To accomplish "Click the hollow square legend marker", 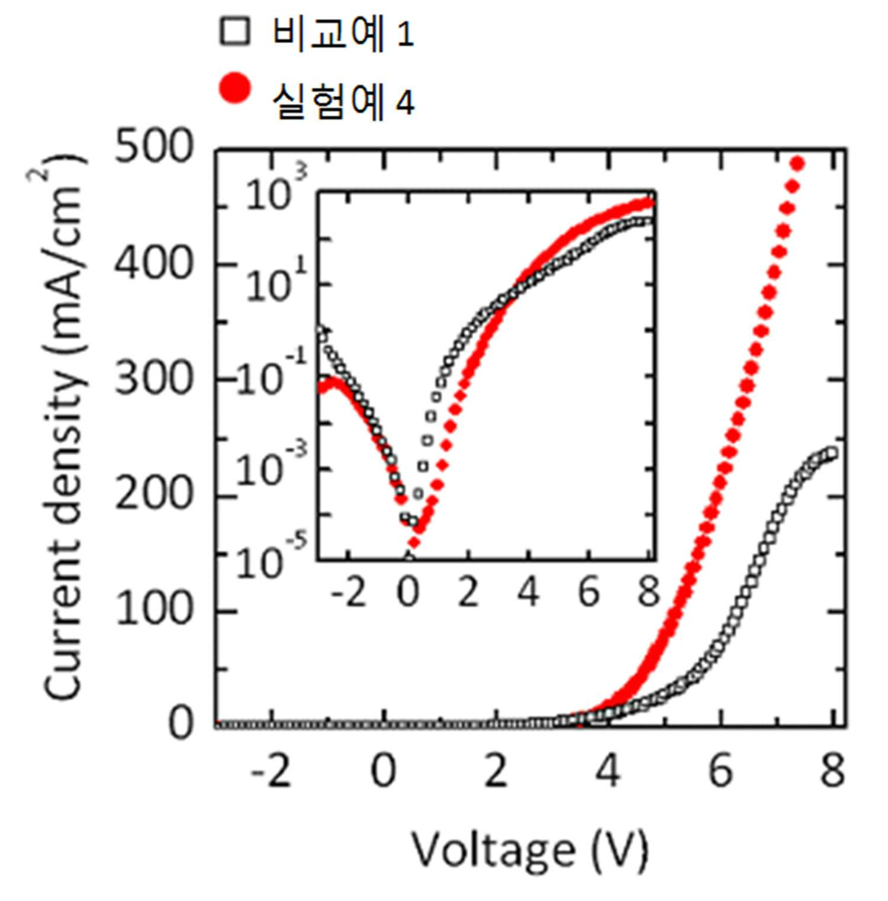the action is [234, 31].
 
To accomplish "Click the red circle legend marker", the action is [235, 88].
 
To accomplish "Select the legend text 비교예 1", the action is [343, 33].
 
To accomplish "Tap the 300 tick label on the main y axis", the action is [154, 378].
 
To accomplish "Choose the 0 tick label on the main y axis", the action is [181, 723].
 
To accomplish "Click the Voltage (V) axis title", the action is [530, 851].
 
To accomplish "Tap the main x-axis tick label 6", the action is [720, 771].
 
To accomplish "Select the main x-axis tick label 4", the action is [607, 771].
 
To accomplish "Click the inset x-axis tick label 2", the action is [468, 592].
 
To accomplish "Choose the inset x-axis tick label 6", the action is [588, 592].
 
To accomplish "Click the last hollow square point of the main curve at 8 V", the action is [832, 453].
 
